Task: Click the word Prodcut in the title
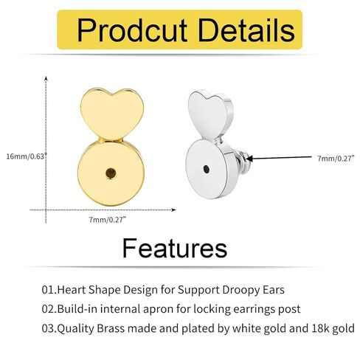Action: click(x=132, y=30)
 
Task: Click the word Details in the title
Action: click(x=246, y=30)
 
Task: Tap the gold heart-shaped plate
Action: click(x=112, y=114)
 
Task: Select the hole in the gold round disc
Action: click(x=111, y=173)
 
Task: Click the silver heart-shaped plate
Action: click(x=210, y=114)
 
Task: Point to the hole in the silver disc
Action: click(x=207, y=169)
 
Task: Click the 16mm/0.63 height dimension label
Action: click(x=27, y=156)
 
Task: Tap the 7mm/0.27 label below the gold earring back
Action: click(x=108, y=220)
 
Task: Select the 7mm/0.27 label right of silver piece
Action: click(x=336, y=158)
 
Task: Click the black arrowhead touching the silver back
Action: click(x=249, y=159)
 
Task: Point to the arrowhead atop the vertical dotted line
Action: click(x=46, y=78)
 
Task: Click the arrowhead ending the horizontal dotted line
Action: click(x=173, y=210)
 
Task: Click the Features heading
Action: click(x=174, y=248)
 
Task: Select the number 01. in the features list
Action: click(x=49, y=290)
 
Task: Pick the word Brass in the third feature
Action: click(x=111, y=328)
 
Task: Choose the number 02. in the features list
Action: click(x=49, y=309)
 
